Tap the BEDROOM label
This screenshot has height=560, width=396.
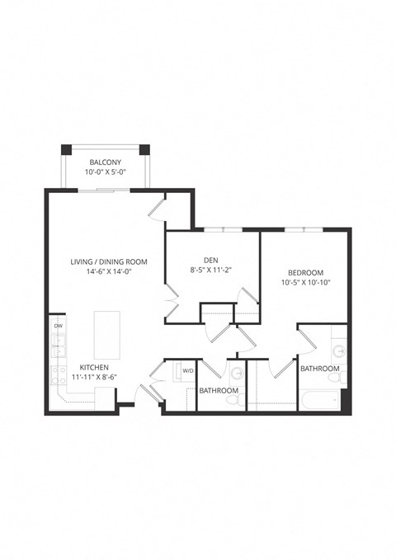305,273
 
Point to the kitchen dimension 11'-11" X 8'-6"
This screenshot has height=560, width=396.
96,378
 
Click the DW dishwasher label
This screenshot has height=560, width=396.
58,327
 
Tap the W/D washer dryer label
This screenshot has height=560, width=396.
188,370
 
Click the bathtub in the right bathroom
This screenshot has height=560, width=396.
319,402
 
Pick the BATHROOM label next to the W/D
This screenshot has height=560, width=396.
219,390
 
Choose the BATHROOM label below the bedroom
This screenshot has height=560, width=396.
319,369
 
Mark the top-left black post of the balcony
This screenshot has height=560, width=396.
64,151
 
